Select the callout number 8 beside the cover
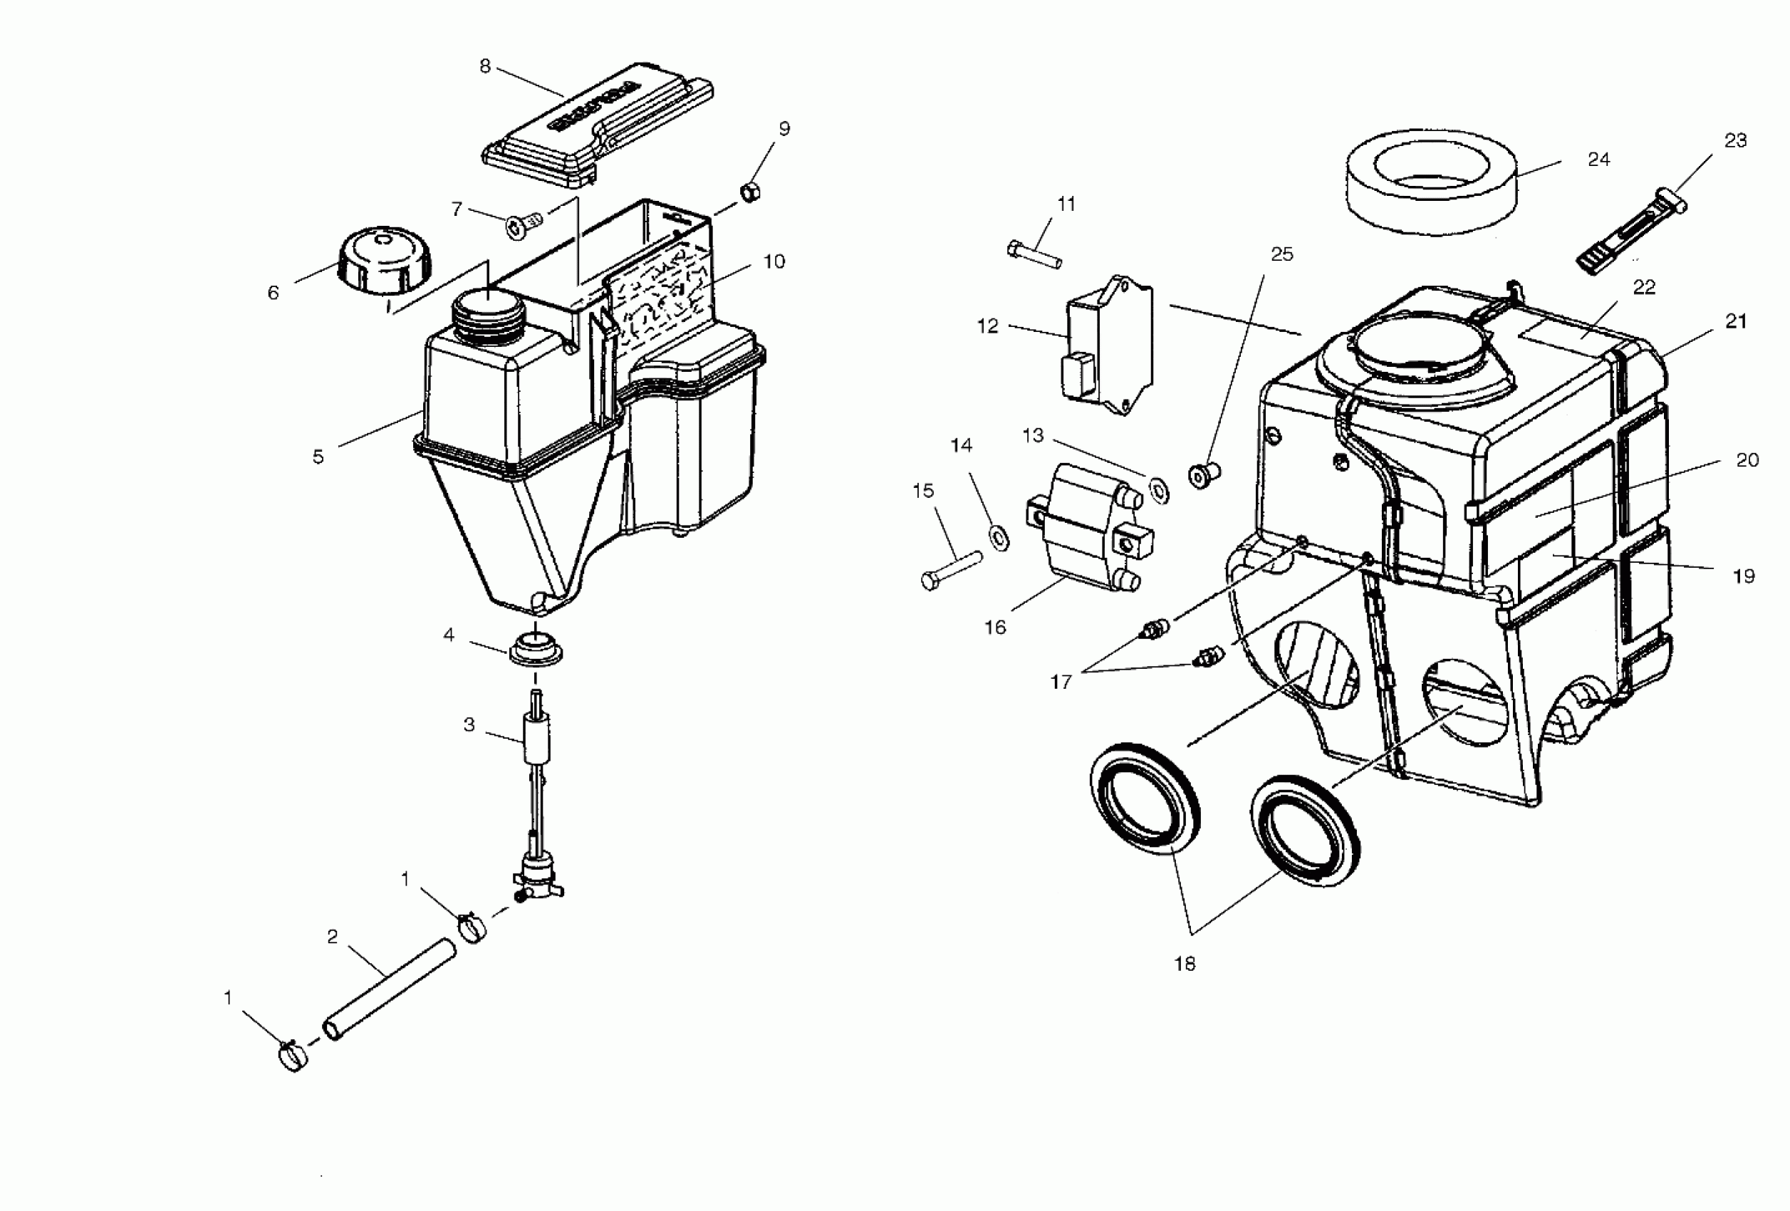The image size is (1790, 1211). pyautogui.click(x=484, y=67)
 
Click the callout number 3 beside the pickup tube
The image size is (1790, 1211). pyautogui.click(x=469, y=725)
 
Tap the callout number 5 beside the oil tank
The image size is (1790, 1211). pyautogui.click(x=318, y=457)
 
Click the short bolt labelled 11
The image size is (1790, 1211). pyautogui.click(x=1034, y=254)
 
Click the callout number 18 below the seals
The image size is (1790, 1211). pyautogui.click(x=1185, y=964)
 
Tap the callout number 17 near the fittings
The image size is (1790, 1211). pyautogui.click(x=1061, y=682)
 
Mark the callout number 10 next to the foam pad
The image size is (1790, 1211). pyautogui.click(x=774, y=262)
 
